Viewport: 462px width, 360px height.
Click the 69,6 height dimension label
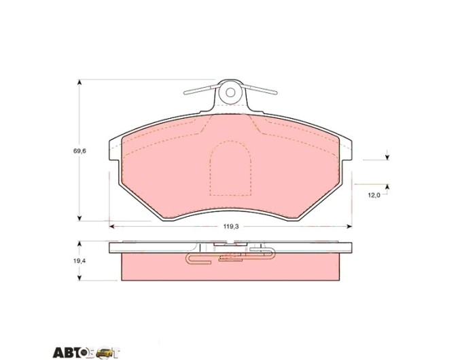[79, 151]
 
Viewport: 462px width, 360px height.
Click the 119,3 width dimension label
[231, 226]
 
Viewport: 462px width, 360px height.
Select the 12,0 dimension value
[374, 195]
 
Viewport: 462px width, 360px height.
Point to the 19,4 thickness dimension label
[79, 261]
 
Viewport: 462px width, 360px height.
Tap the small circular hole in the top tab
[230, 92]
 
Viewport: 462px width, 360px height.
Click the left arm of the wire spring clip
[202, 89]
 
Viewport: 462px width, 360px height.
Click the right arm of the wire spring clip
[260, 89]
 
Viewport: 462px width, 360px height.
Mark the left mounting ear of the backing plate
[114, 149]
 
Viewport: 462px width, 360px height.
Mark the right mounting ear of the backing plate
[346, 149]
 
